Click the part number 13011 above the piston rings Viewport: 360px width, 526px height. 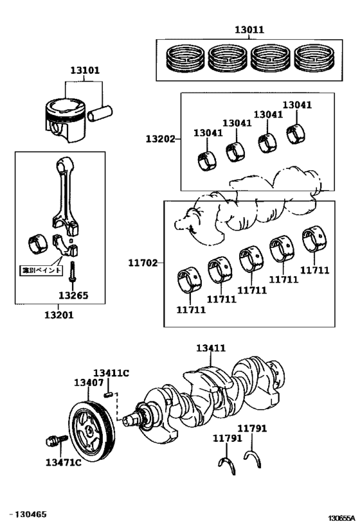pos(249,30)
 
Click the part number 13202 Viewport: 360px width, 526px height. pos(160,139)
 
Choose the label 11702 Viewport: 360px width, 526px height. pos(143,262)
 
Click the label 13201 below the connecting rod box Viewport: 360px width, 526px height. pos(59,315)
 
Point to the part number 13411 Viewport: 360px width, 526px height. pos(211,348)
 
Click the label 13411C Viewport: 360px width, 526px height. pos(111,373)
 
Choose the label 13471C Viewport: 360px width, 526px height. pos(64,462)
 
